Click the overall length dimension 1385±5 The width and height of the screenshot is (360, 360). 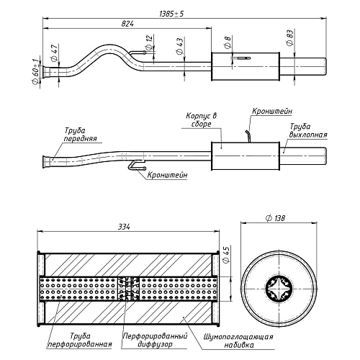171,14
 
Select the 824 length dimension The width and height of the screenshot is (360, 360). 127,24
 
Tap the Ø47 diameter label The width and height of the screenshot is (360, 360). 55,52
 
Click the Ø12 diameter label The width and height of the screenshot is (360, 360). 149,42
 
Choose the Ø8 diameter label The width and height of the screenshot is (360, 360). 228,42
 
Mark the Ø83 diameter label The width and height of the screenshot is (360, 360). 289,37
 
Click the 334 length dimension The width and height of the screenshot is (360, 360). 124,227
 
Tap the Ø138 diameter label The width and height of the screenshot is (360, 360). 276,218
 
